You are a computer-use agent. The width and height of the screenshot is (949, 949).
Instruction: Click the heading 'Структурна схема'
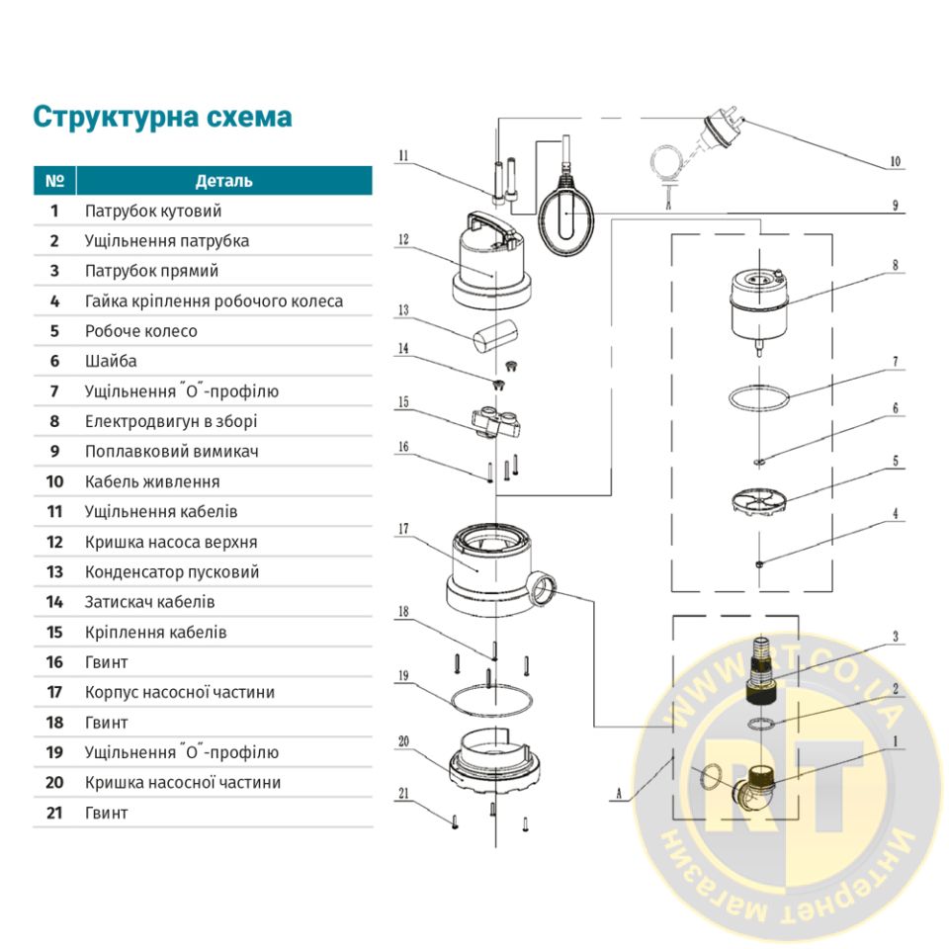(x=162, y=117)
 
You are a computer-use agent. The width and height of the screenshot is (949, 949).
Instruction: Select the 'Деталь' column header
(x=223, y=181)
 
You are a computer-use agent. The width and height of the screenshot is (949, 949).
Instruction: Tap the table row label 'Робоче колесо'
(x=140, y=331)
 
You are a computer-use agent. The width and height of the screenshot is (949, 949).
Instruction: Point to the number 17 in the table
(x=54, y=692)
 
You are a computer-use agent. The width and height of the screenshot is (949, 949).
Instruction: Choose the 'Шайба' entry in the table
(x=111, y=362)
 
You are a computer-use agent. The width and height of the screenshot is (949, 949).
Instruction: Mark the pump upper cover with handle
(x=492, y=262)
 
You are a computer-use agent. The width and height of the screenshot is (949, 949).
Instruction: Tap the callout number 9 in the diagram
(x=894, y=206)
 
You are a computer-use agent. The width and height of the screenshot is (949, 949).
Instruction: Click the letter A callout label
(x=618, y=793)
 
